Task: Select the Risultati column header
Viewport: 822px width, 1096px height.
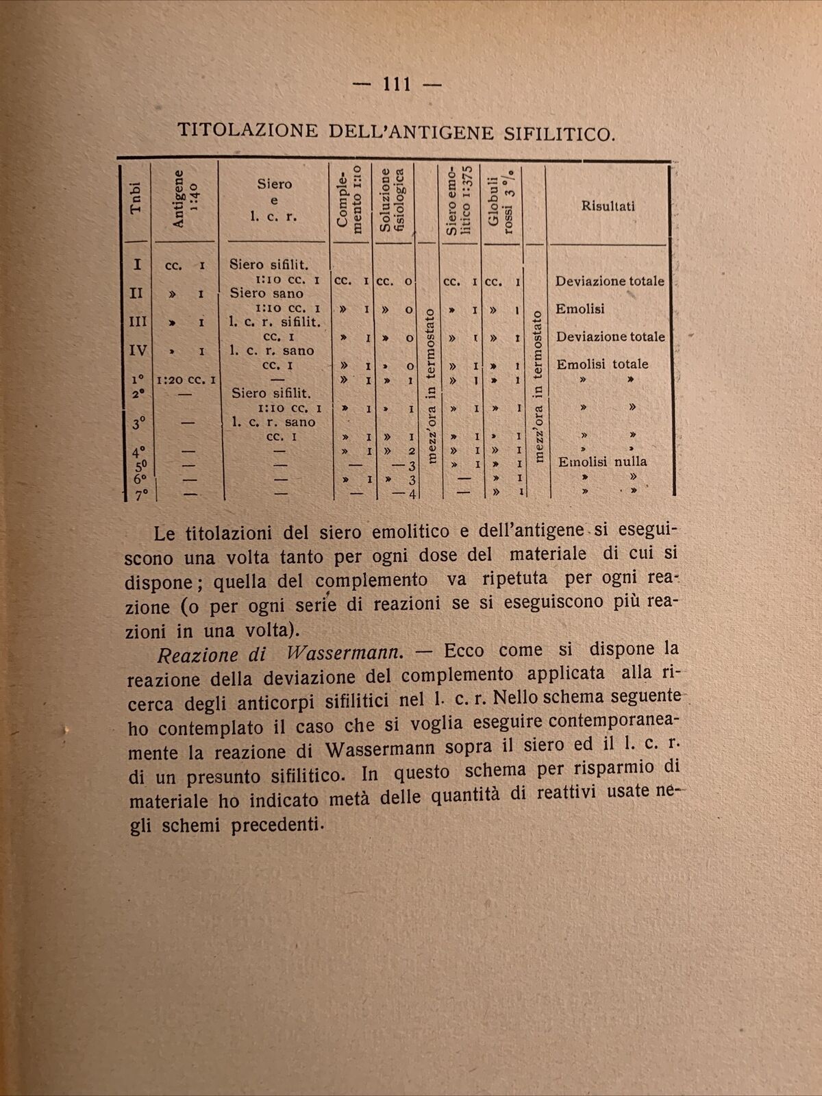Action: click(x=608, y=206)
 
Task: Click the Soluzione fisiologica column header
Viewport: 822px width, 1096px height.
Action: click(x=393, y=201)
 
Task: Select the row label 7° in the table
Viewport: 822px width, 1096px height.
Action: click(x=141, y=495)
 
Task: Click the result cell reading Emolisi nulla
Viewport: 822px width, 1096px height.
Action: click(x=601, y=462)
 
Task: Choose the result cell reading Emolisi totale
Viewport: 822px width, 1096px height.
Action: click(x=601, y=364)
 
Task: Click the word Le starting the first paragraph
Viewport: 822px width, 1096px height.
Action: click(x=166, y=532)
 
